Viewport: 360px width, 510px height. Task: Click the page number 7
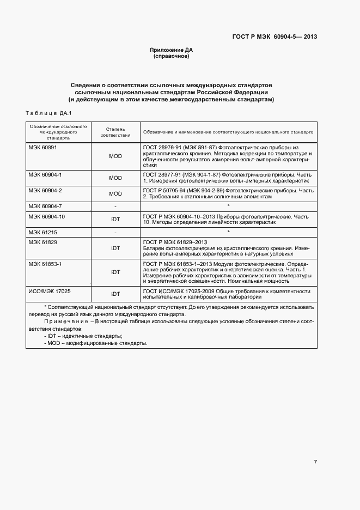[315, 463]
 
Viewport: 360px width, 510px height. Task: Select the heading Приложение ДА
[172, 50]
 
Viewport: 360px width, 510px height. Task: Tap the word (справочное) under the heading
[172, 56]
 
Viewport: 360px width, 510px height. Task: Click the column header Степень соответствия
[115, 132]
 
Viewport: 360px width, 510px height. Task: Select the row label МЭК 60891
[42, 148]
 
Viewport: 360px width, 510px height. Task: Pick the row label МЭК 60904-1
[45, 174]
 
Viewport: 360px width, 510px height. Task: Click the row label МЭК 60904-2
[45, 190]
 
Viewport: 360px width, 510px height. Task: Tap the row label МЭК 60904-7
[45, 206]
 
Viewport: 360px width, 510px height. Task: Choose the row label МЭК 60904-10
[46, 216]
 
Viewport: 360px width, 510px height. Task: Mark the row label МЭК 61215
[42, 232]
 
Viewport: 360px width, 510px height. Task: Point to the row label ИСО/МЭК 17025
[50, 291]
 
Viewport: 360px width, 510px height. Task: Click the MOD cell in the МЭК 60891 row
[115, 156]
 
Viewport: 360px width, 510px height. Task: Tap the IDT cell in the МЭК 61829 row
[115, 248]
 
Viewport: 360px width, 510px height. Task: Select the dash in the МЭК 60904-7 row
[115, 207]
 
